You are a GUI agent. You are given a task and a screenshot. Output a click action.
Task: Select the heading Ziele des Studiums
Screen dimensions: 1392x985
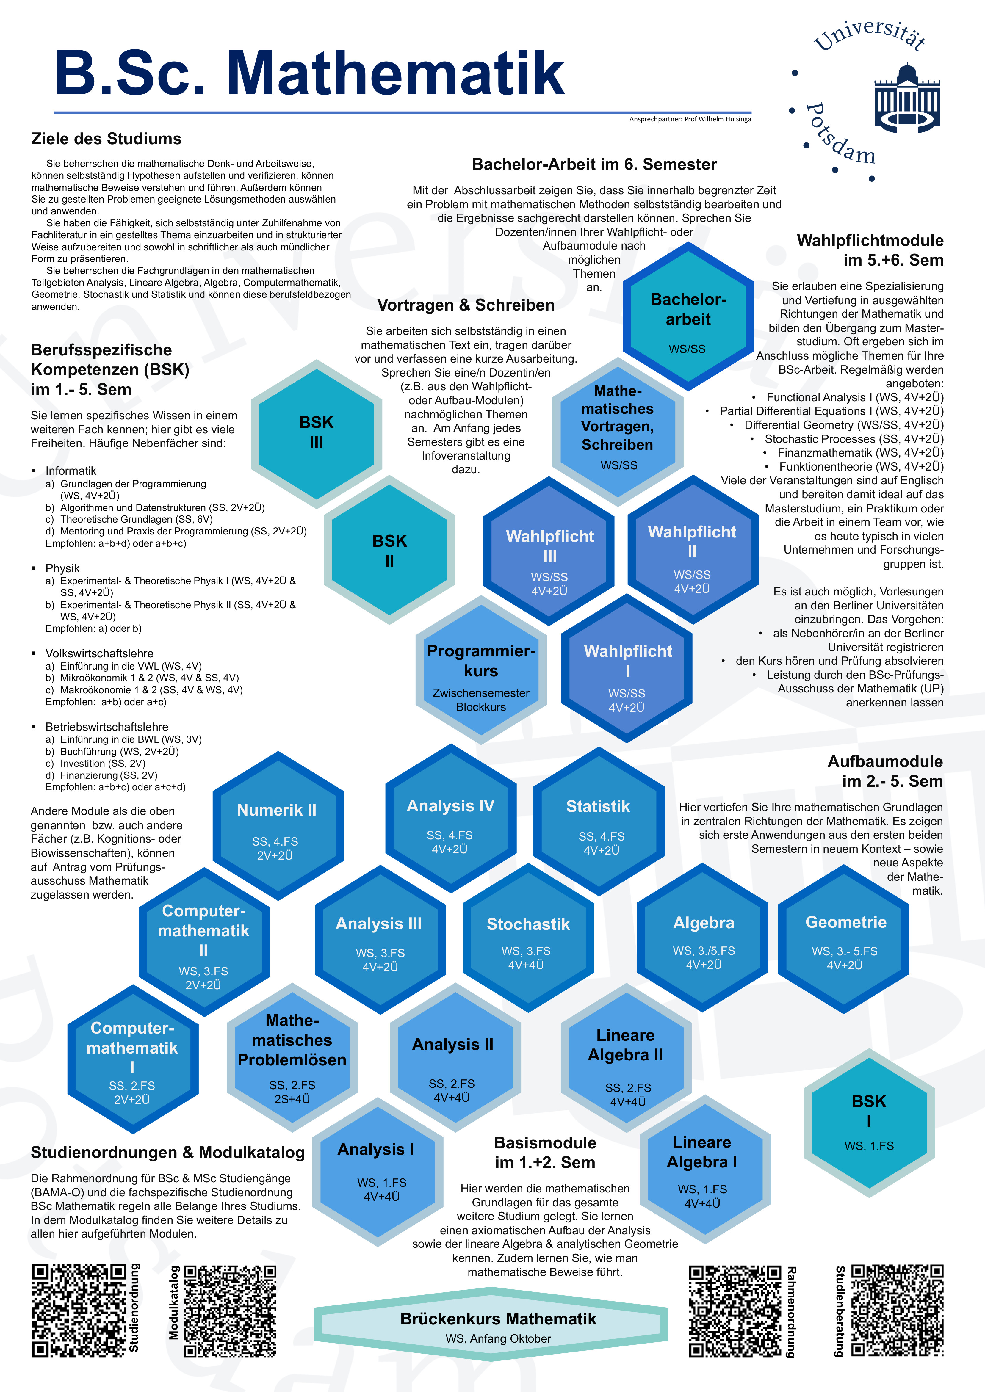[106, 139]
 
